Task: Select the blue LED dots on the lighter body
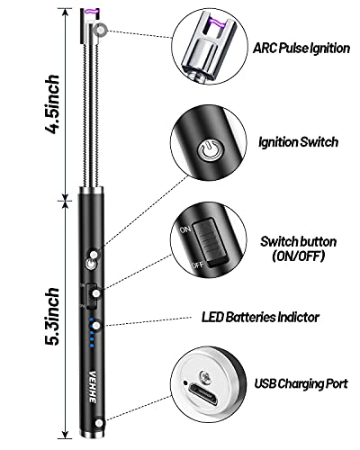click(94, 340)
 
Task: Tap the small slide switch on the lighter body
click(90, 296)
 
